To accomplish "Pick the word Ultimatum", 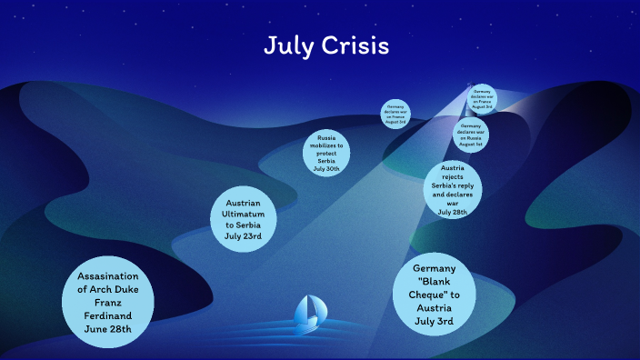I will pos(243,213).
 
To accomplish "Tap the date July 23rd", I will pos(243,235).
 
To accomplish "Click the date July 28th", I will pos(452,212).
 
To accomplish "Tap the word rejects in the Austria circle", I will pos(452,177).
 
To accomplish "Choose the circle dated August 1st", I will pos(470,135).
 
